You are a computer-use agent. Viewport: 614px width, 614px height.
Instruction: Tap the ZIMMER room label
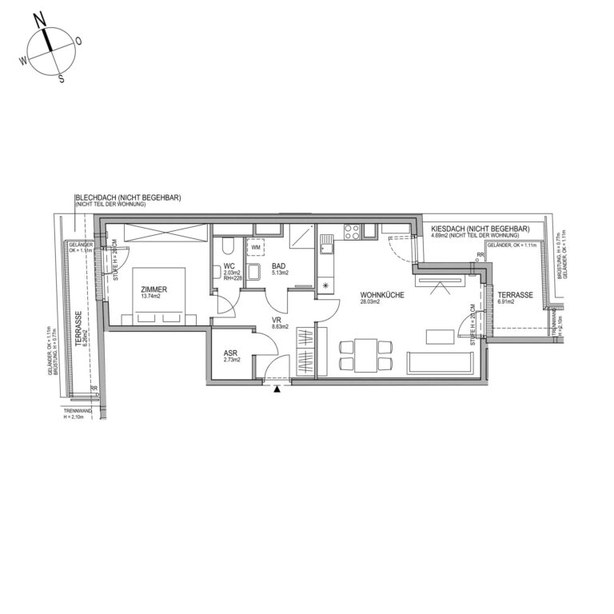coord(152,289)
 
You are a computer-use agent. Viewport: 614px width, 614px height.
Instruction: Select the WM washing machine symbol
coord(256,247)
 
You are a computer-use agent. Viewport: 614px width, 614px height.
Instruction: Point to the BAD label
coord(279,265)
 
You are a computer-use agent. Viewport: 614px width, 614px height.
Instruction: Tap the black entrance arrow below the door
coord(277,390)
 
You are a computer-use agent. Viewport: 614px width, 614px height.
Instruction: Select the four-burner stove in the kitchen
coord(351,232)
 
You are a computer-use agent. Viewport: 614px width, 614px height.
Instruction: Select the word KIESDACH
coord(446,228)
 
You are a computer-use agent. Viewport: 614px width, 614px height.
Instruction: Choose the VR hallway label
coord(276,319)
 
